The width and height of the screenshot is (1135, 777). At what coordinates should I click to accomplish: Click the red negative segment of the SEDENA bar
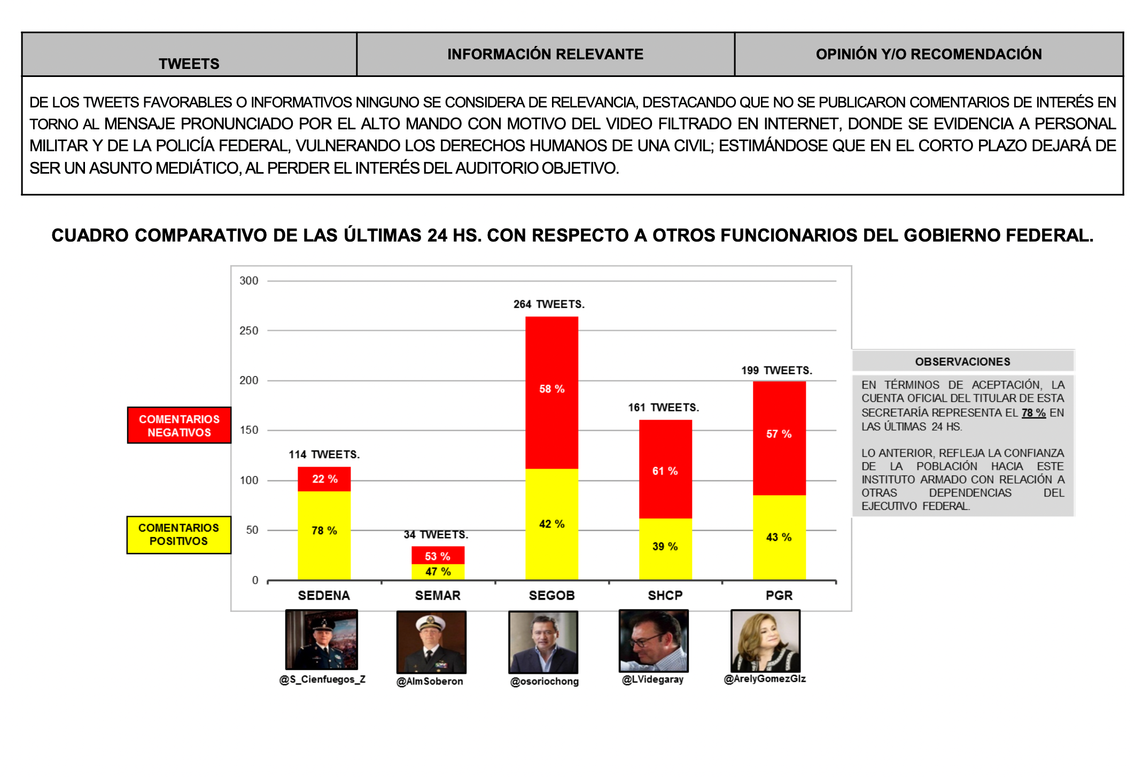tap(324, 479)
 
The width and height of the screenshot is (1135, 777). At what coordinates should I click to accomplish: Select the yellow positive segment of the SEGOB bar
tap(551, 524)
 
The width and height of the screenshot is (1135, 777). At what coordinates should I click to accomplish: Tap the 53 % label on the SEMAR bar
tap(437, 556)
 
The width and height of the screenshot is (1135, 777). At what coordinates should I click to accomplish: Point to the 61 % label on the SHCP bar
tap(665, 471)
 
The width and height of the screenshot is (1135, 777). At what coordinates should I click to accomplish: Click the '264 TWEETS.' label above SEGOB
tap(549, 304)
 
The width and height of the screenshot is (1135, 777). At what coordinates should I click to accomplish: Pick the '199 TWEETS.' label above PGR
tap(776, 370)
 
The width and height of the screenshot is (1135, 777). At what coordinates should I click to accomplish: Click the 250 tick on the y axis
tap(248, 331)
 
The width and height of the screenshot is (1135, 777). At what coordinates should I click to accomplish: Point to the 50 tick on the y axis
tap(252, 530)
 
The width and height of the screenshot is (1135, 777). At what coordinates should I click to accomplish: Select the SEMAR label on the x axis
tap(438, 595)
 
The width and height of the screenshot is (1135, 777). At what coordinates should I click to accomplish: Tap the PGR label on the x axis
tap(779, 595)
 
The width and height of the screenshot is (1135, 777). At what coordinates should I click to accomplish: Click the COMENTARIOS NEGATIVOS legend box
tap(179, 425)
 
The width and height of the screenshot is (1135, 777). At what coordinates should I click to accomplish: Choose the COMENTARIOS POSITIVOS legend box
tap(178, 534)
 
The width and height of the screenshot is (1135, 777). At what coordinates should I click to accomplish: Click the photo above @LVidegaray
tap(653, 641)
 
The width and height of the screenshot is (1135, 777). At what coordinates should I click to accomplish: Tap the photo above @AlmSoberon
tap(431, 642)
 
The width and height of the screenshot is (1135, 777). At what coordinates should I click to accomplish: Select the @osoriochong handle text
tap(544, 681)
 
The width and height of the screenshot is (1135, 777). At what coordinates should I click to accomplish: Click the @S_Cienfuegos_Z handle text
tap(322, 679)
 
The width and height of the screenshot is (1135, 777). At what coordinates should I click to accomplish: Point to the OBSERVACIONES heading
tap(962, 362)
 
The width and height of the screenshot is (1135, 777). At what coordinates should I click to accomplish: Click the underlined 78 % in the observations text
tap(1033, 413)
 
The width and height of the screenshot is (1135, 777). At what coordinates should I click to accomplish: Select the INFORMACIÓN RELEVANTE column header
tap(545, 54)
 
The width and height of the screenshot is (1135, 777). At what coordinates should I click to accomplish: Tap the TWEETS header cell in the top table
tap(189, 64)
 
